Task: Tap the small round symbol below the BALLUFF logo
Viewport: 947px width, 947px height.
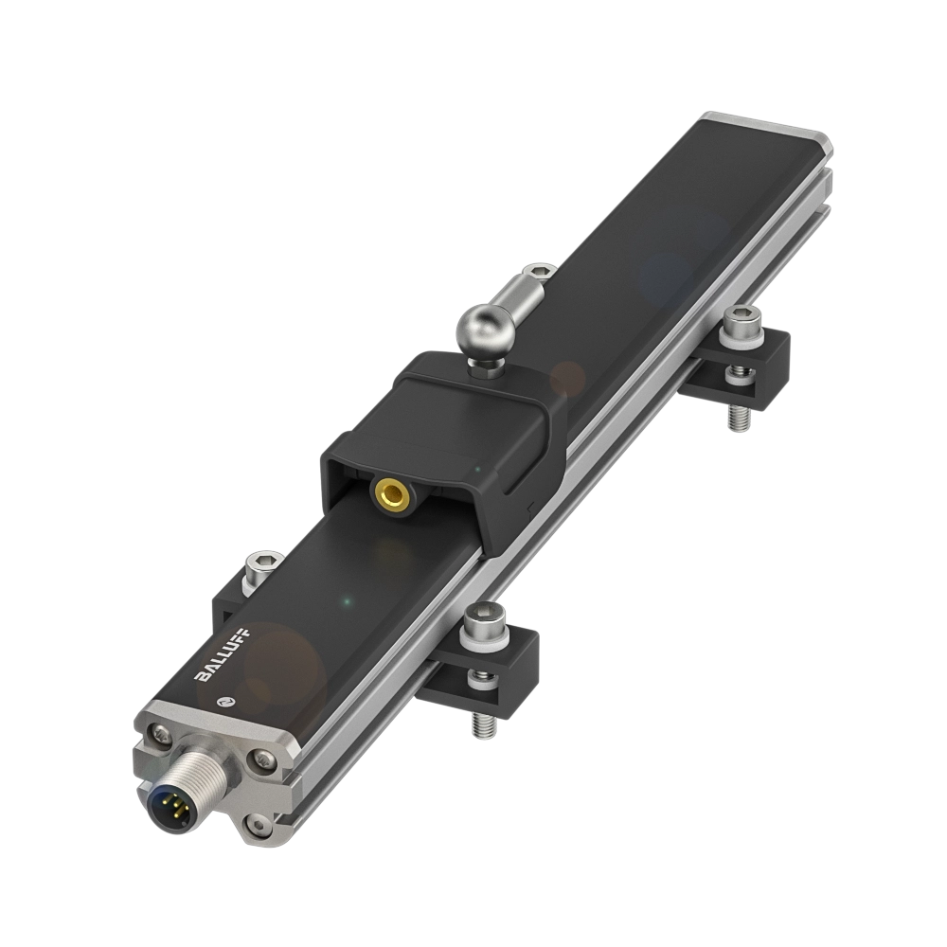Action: (223, 701)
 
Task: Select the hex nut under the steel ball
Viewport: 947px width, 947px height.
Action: (484, 365)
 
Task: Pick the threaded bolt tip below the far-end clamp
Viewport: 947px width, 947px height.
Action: (739, 417)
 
